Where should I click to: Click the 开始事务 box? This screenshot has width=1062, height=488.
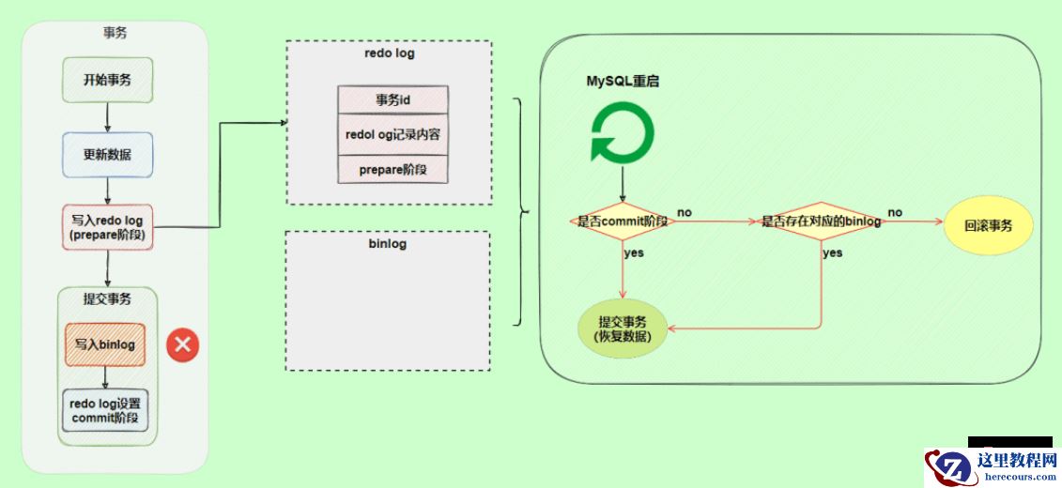click(107, 80)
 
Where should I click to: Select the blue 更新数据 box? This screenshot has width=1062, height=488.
click(107, 155)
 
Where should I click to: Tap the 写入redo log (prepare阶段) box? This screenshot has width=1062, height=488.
click(107, 227)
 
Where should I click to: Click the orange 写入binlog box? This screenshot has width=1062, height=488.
click(105, 344)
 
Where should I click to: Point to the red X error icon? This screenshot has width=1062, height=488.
click(182, 345)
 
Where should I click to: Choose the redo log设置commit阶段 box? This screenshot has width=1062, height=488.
click(105, 410)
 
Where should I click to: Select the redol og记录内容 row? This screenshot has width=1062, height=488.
click(392, 134)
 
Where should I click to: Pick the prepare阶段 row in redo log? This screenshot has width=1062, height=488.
click(392, 169)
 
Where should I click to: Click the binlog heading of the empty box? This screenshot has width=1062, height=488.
click(387, 243)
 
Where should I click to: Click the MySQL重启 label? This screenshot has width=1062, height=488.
click(623, 82)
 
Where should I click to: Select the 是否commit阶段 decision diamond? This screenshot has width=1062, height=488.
click(622, 222)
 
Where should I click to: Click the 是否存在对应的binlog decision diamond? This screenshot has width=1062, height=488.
click(822, 222)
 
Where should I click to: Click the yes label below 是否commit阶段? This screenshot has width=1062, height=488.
click(634, 252)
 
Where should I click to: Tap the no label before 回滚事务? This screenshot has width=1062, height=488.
click(895, 213)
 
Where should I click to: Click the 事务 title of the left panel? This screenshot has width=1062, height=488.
click(115, 33)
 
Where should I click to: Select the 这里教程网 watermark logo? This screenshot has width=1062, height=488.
click(992, 465)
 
